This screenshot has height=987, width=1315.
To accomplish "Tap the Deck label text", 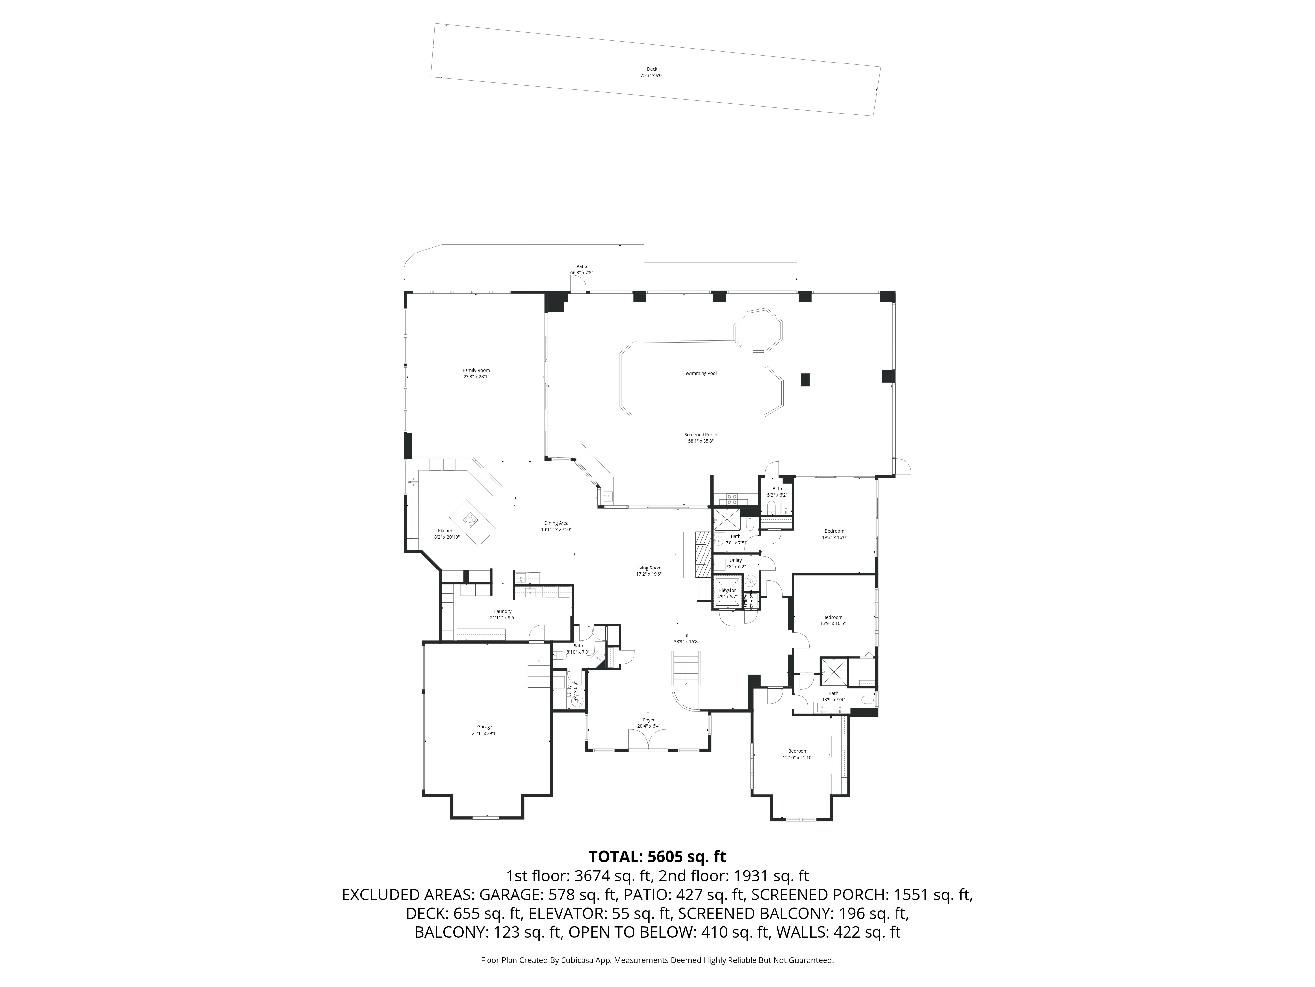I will [652, 69].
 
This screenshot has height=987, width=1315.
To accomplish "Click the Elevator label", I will [727, 590].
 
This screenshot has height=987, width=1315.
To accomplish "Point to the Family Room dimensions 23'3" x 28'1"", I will [476, 377].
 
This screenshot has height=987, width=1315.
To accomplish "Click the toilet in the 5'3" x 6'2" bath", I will [771, 507].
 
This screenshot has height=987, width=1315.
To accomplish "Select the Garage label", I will [485, 726].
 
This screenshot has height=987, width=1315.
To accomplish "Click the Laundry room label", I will [502, 611].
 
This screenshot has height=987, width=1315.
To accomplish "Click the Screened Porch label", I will [700, 434].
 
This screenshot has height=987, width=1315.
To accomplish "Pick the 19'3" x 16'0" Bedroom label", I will [834, 531].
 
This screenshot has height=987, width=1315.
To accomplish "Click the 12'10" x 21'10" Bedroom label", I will [798, 751].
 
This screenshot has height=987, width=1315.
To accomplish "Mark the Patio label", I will [582, 266].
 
